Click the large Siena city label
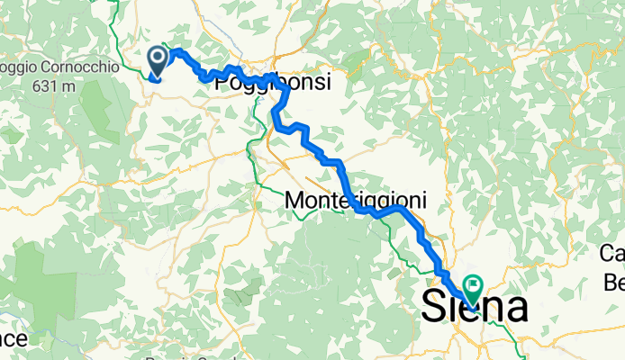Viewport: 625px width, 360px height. coord(475,309)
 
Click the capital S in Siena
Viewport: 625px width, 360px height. coord(434,309)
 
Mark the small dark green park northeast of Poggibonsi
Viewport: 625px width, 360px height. coord(357,60)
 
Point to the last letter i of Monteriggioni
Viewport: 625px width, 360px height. coord(422,202)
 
